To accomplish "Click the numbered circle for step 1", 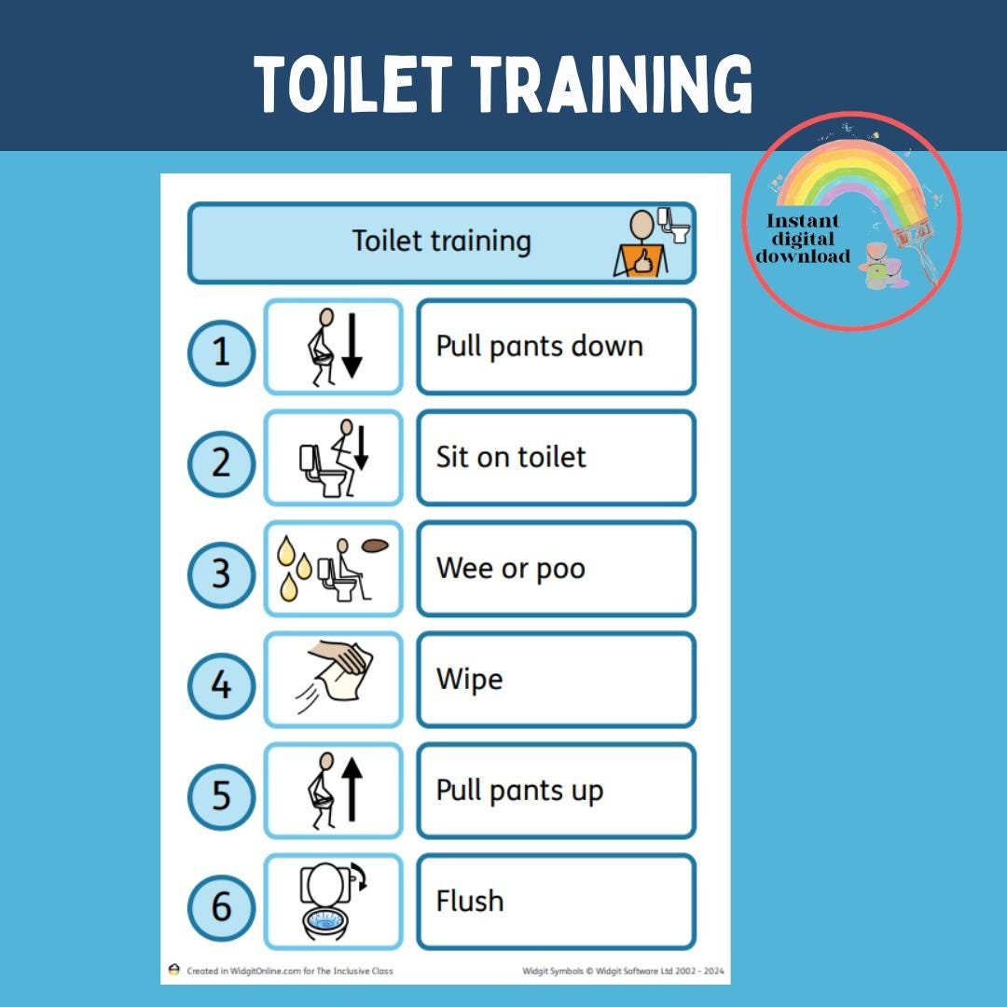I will pyautogui.click(x=221, y=353).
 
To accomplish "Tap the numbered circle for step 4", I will pyautogui.click(x=221, y=686).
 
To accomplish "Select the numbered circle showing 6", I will pyautogui.click(x=221, y=907).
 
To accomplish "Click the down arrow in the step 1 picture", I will pyautogui.click(x=352, y=346).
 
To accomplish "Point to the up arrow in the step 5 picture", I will pyautogui.click(x=352, y=789).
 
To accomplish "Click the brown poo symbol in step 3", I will pyautogui.click(x=375, y=546).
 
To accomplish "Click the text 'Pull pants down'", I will pyautogui.click(x=539, y=347).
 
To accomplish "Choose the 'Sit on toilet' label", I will pyautogui.click(x=511, y=458).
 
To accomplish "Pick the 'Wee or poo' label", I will pyautogui.click(x=510, y=569).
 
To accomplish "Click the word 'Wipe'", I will pyautogui.click(x=469, y=680).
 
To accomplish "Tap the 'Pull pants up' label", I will pyautogui.click(x=519, y=791).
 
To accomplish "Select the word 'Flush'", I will pyautogui.click(x=469, y=902).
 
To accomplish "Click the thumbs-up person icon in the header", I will pyautogui.click(x=641, y=244).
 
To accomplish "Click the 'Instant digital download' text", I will pyautogui.click(x=803, y=239).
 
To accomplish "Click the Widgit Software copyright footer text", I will pyautogui.click(x=622, y=971).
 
